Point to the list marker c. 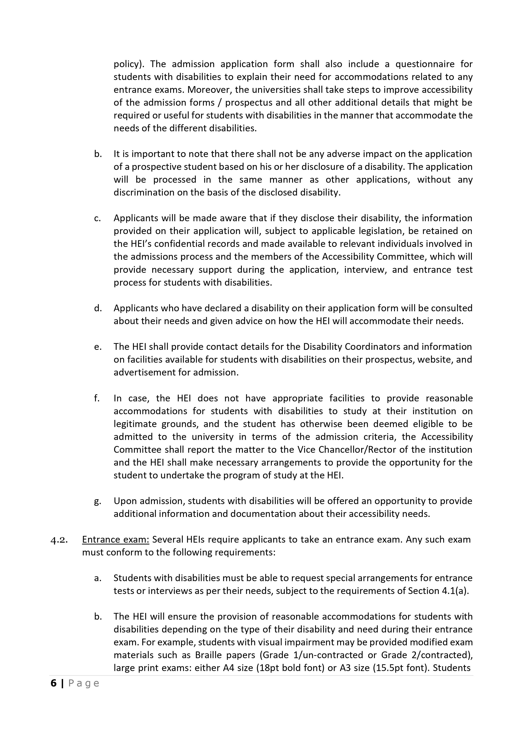pos(97,218)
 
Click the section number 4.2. pos(59,540)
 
